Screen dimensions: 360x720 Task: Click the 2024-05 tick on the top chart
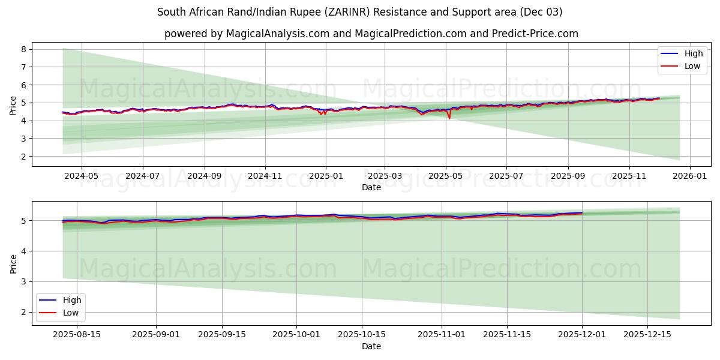(x=81, y=177)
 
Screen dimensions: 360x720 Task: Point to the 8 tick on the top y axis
(x=24, y=49)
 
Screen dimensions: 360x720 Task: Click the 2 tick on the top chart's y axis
(x=24, y=157)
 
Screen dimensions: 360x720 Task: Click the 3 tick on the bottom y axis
(x=24, y=281)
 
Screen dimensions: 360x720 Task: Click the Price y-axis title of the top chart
(x=13, y=106)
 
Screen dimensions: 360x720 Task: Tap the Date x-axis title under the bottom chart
(x=371, y=346)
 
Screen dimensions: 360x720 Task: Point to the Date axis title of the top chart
(x=371, y=187)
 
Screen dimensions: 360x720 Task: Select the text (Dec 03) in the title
(x=542, y=12)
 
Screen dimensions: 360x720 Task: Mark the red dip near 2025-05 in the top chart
(x=449, y=118)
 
